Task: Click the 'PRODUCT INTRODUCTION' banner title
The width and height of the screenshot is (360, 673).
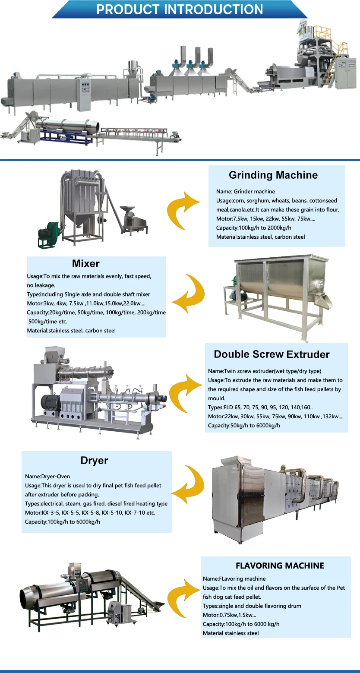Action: (180, 9)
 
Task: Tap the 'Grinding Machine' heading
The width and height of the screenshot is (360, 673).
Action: (273, 175)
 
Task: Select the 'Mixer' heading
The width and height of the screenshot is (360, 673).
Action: (86, 263)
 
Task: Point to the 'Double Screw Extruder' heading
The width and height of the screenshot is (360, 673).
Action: (272, 354)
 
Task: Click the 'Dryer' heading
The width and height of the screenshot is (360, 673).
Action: (94, 460)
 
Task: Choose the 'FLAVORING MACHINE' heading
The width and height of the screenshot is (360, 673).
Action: (280, 566)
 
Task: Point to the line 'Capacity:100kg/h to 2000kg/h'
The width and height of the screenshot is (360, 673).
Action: (254, 227)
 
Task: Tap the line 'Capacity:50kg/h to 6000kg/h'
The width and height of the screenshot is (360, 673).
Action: (244, 425)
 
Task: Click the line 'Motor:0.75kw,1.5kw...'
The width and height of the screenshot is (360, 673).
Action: (229, 615)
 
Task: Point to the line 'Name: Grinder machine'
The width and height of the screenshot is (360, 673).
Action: (246, 191)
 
